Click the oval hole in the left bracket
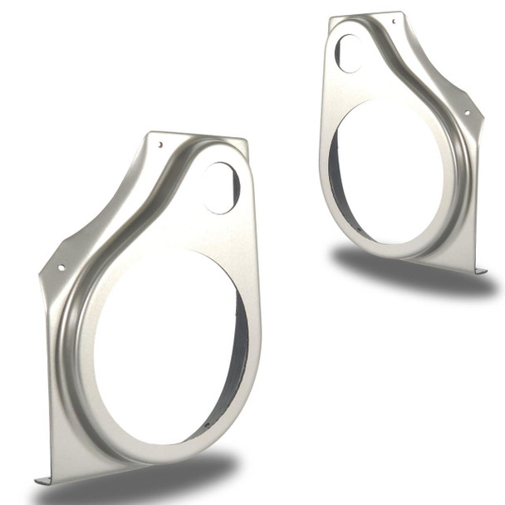pos(221,188)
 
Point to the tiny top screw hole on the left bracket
pos(160,144)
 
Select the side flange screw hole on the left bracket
pos(60,267)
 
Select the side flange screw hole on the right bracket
pos(466,113)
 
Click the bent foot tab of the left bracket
pos(42,479)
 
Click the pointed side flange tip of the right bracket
pos(483,115)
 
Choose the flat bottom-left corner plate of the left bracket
pos(66,449)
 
